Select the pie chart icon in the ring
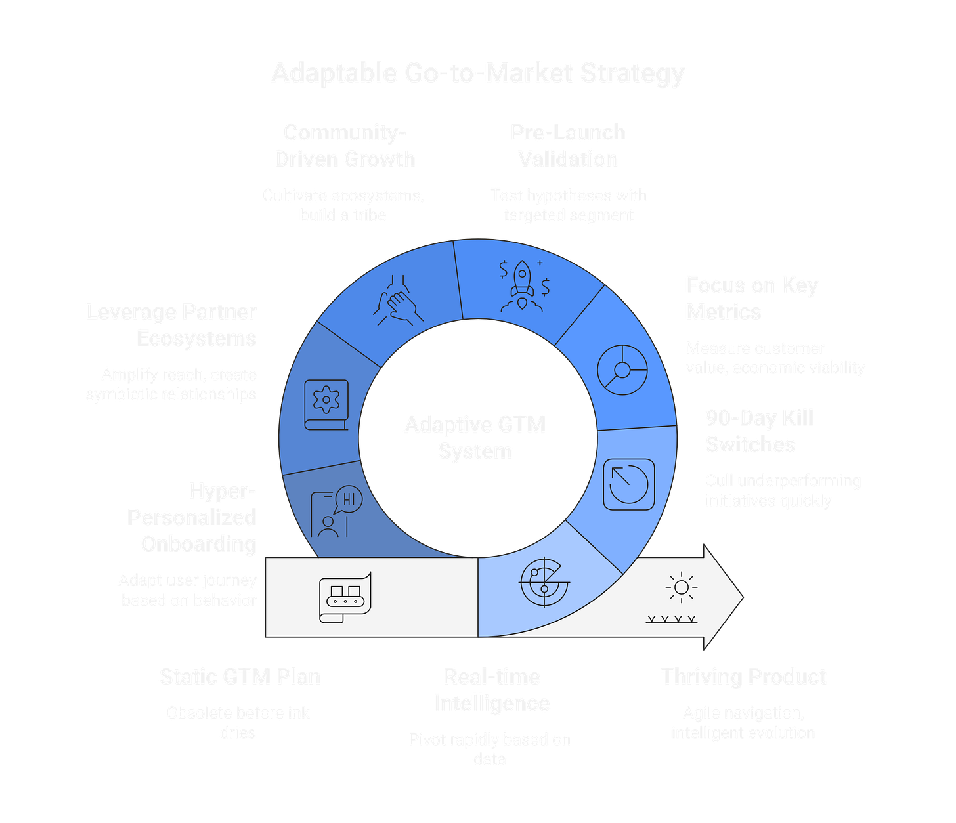tap(622, 370)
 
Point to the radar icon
tap(544, 582)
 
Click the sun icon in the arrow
tap(680, 587)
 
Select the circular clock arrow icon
tap(629, 484)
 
